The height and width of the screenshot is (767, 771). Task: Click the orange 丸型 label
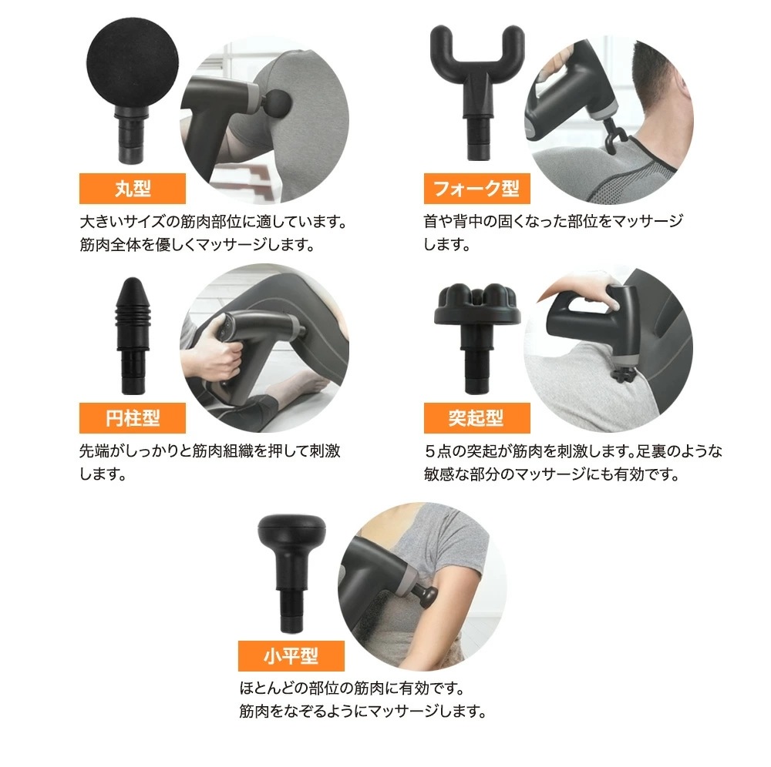pyautogui.click(x=133, y=189)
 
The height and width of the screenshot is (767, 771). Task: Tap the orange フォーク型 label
pyautogui.click(x=476, y=189)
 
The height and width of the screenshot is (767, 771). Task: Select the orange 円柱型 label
pyautogui.click(x=133, y=417)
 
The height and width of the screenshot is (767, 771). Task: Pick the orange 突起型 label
pyautogui.click(x=476, y=417)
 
